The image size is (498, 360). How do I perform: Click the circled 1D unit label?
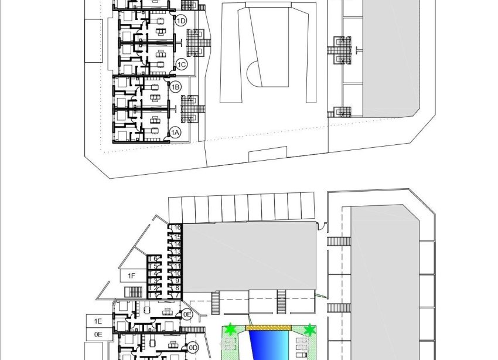pyautogui.click(x=182, y=21)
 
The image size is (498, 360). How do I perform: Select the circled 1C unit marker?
pyautogui.click(x=182, y=64)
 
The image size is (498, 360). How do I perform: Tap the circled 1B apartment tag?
pyautogui.click(x=175, y=87)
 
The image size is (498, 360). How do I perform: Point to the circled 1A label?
pyautogui.click(x=175, y=133)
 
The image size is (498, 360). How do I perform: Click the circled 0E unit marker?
pyautogui.click(x=187, y=314)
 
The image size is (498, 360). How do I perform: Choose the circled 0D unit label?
pyautogui.click(x=193, y=348)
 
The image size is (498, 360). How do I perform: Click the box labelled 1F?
pyautogui.click(x=132, y=276)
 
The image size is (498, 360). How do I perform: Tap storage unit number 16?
pyautogui.click(x=176, y=227)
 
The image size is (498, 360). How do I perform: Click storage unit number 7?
pyautogui.click(x=176, y=295)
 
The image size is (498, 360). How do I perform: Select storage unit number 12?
pyautogui.click(x=176, y=259)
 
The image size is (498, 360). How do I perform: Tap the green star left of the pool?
pyautogui.click(x=231, y=330)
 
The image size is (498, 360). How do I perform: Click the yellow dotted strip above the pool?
pyautogui.click(x=268, y=327)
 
